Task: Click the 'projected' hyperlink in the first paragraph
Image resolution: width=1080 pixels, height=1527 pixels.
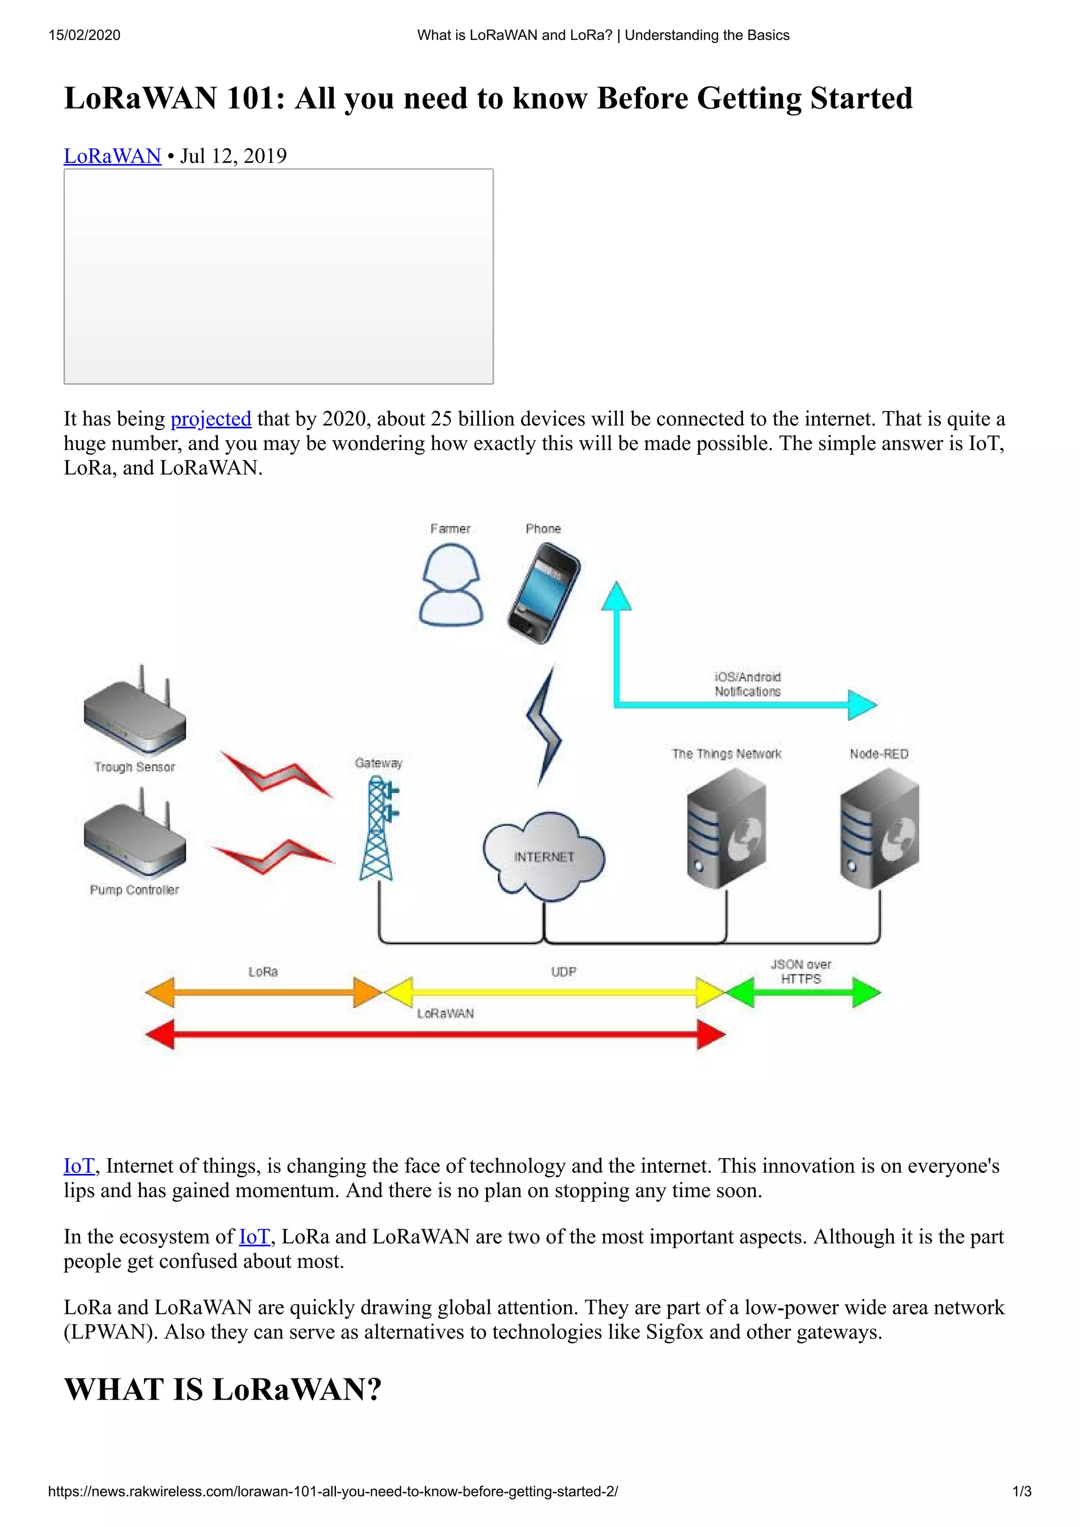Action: [x=210, y=419]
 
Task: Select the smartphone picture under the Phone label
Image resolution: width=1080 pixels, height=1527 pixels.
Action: [x=544, y=593]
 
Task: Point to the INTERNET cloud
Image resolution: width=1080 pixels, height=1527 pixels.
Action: [x=544, y=856]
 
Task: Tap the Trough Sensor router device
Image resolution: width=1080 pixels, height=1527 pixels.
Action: [x=135, y=715]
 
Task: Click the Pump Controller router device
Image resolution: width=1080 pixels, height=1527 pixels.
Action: [x=135, y=838]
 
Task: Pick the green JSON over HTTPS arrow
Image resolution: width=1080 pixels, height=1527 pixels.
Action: [x=802, y=992]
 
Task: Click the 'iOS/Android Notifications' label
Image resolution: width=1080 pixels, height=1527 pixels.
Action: [x=747, y=684]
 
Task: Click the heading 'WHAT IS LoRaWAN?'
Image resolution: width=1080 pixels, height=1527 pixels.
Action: [x=222, y=1389]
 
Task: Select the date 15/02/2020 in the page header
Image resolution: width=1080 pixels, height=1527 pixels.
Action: [x=84, y=35]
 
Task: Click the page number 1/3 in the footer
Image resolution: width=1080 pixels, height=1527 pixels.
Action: [x=1021, y=1491]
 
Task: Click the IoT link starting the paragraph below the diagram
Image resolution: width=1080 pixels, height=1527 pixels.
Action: [x=79, y=1166]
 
